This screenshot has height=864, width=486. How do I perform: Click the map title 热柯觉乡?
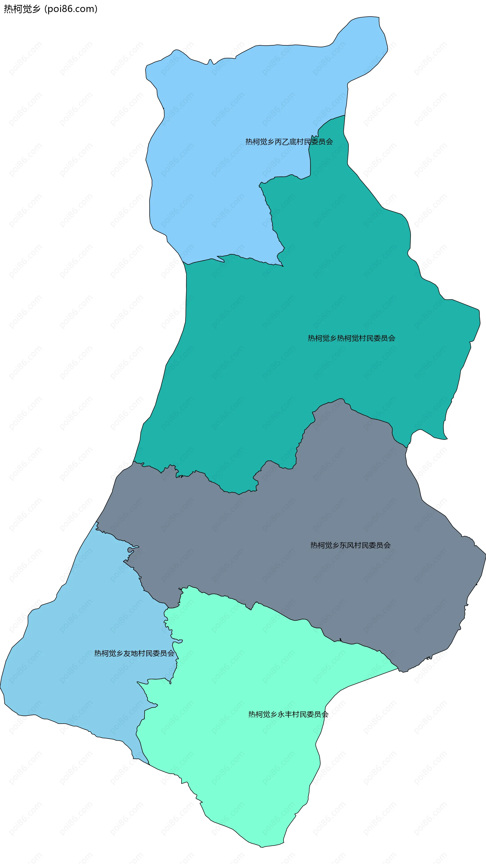coord(22,9)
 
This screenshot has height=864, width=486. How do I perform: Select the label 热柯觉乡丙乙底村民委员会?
coord(289,142)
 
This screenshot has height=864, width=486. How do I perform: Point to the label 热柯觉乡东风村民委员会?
coord(350,545)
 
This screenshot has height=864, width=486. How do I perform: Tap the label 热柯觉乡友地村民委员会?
coord(134,653)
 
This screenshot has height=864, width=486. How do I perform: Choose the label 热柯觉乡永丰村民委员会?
coord(288,715)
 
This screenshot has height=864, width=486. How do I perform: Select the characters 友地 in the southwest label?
coord(130,653)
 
